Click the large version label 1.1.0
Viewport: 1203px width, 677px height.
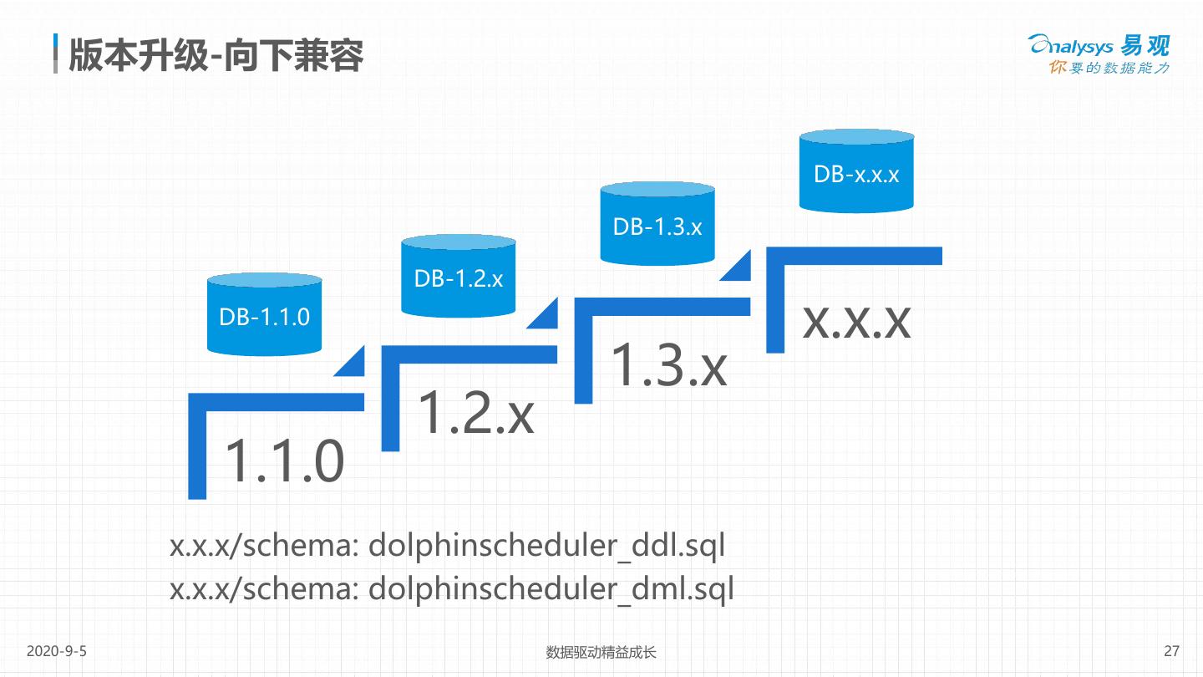click(x=284, y=461)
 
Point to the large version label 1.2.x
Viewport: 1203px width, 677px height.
click(x=475, y=413)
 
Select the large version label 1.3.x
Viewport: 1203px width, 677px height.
click(x=668, y=364)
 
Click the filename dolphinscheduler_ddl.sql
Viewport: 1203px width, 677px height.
click(x=546, y=546)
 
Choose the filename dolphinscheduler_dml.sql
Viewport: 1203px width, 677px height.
click(x=551, y=589)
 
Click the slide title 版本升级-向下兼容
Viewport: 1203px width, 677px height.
click(x=216, y=55)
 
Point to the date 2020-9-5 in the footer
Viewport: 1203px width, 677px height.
click(x=57, y=651)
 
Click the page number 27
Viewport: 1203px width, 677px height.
click(x=1171, y=651)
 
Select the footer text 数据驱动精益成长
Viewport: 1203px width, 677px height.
click(x=601, y=652)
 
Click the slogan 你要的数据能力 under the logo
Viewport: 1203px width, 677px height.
click(x=1109, y=68)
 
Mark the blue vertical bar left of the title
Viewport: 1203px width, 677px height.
click(x=55, y=53)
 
